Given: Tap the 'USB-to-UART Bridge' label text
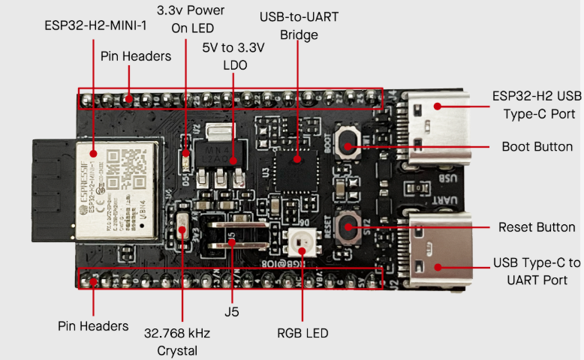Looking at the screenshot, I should coord(298,25).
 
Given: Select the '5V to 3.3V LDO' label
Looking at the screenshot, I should coord(233,56).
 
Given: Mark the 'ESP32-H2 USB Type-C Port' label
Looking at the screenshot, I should coord(537,105).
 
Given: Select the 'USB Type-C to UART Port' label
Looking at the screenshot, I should coord(537,271).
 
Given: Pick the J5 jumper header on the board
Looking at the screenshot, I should coord(234,235).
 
